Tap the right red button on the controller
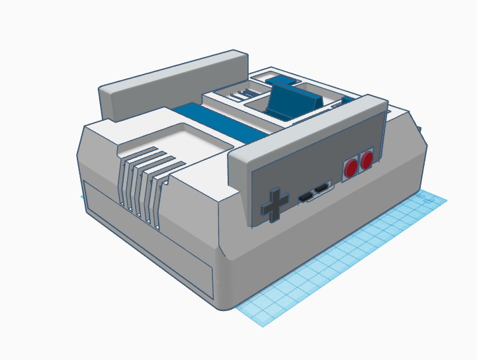pyautogui.click(x=367, y=161)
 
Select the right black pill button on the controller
pyautogui.click(x=322, y=191)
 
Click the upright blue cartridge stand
pyautogui.click(x=291, y=99)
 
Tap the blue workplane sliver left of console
pyautogui.click(x=83, y=197)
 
